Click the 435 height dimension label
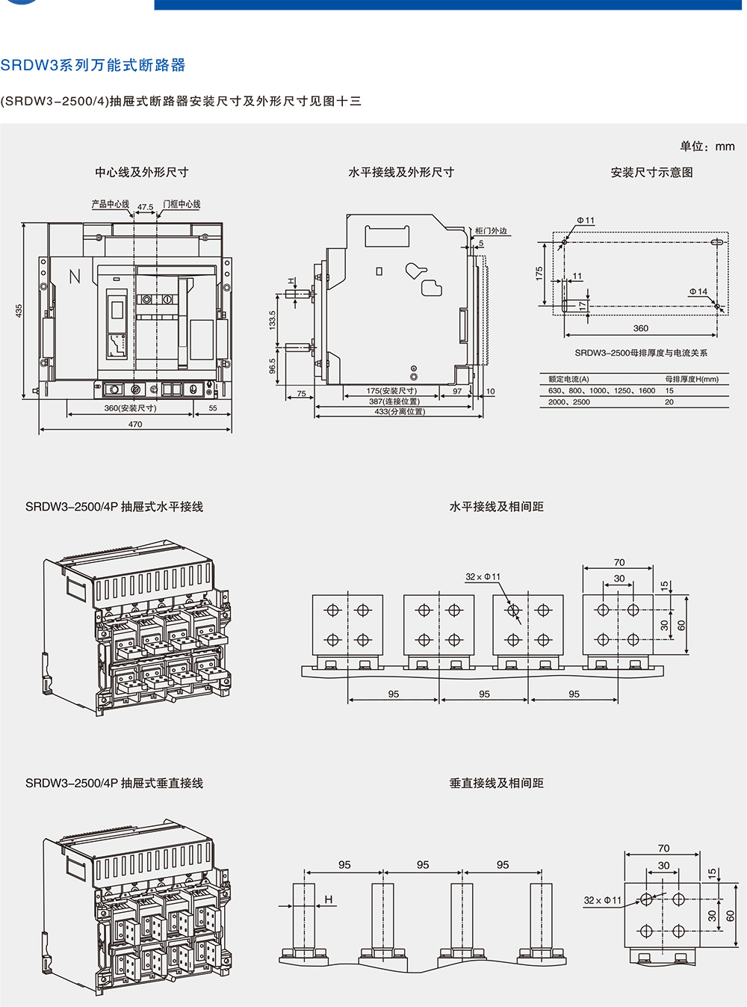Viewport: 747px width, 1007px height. pos(19,310)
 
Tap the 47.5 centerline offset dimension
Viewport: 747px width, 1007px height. pos(145,207)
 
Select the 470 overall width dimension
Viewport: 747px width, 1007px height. pos(135,424)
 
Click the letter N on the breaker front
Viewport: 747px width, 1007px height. pos(75,277)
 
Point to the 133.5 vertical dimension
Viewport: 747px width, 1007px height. pos(273,320)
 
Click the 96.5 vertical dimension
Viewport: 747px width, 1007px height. pos(273,366)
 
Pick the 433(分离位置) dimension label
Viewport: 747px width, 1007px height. pos(400,411)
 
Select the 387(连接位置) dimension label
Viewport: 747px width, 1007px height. pos(394,401)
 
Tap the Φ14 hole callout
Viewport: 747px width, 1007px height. pos(698,292)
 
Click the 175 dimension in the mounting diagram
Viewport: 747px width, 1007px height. pos(539,274)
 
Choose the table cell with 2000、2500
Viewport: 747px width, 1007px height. pos(569,402)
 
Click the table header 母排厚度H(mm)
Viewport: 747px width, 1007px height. pos(692,379)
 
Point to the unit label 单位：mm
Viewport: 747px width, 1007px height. pos(707,147)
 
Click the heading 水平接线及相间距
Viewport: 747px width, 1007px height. pos(496,507)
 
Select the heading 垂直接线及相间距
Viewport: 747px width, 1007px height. pos(496,783)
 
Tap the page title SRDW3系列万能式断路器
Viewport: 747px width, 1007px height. pos(93,65)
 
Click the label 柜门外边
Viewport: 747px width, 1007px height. pos(491,231)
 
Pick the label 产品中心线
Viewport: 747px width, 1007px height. pos(110,204)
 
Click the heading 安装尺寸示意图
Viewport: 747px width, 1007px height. pos(651,173)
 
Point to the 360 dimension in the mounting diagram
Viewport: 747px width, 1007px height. pos(641,328)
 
